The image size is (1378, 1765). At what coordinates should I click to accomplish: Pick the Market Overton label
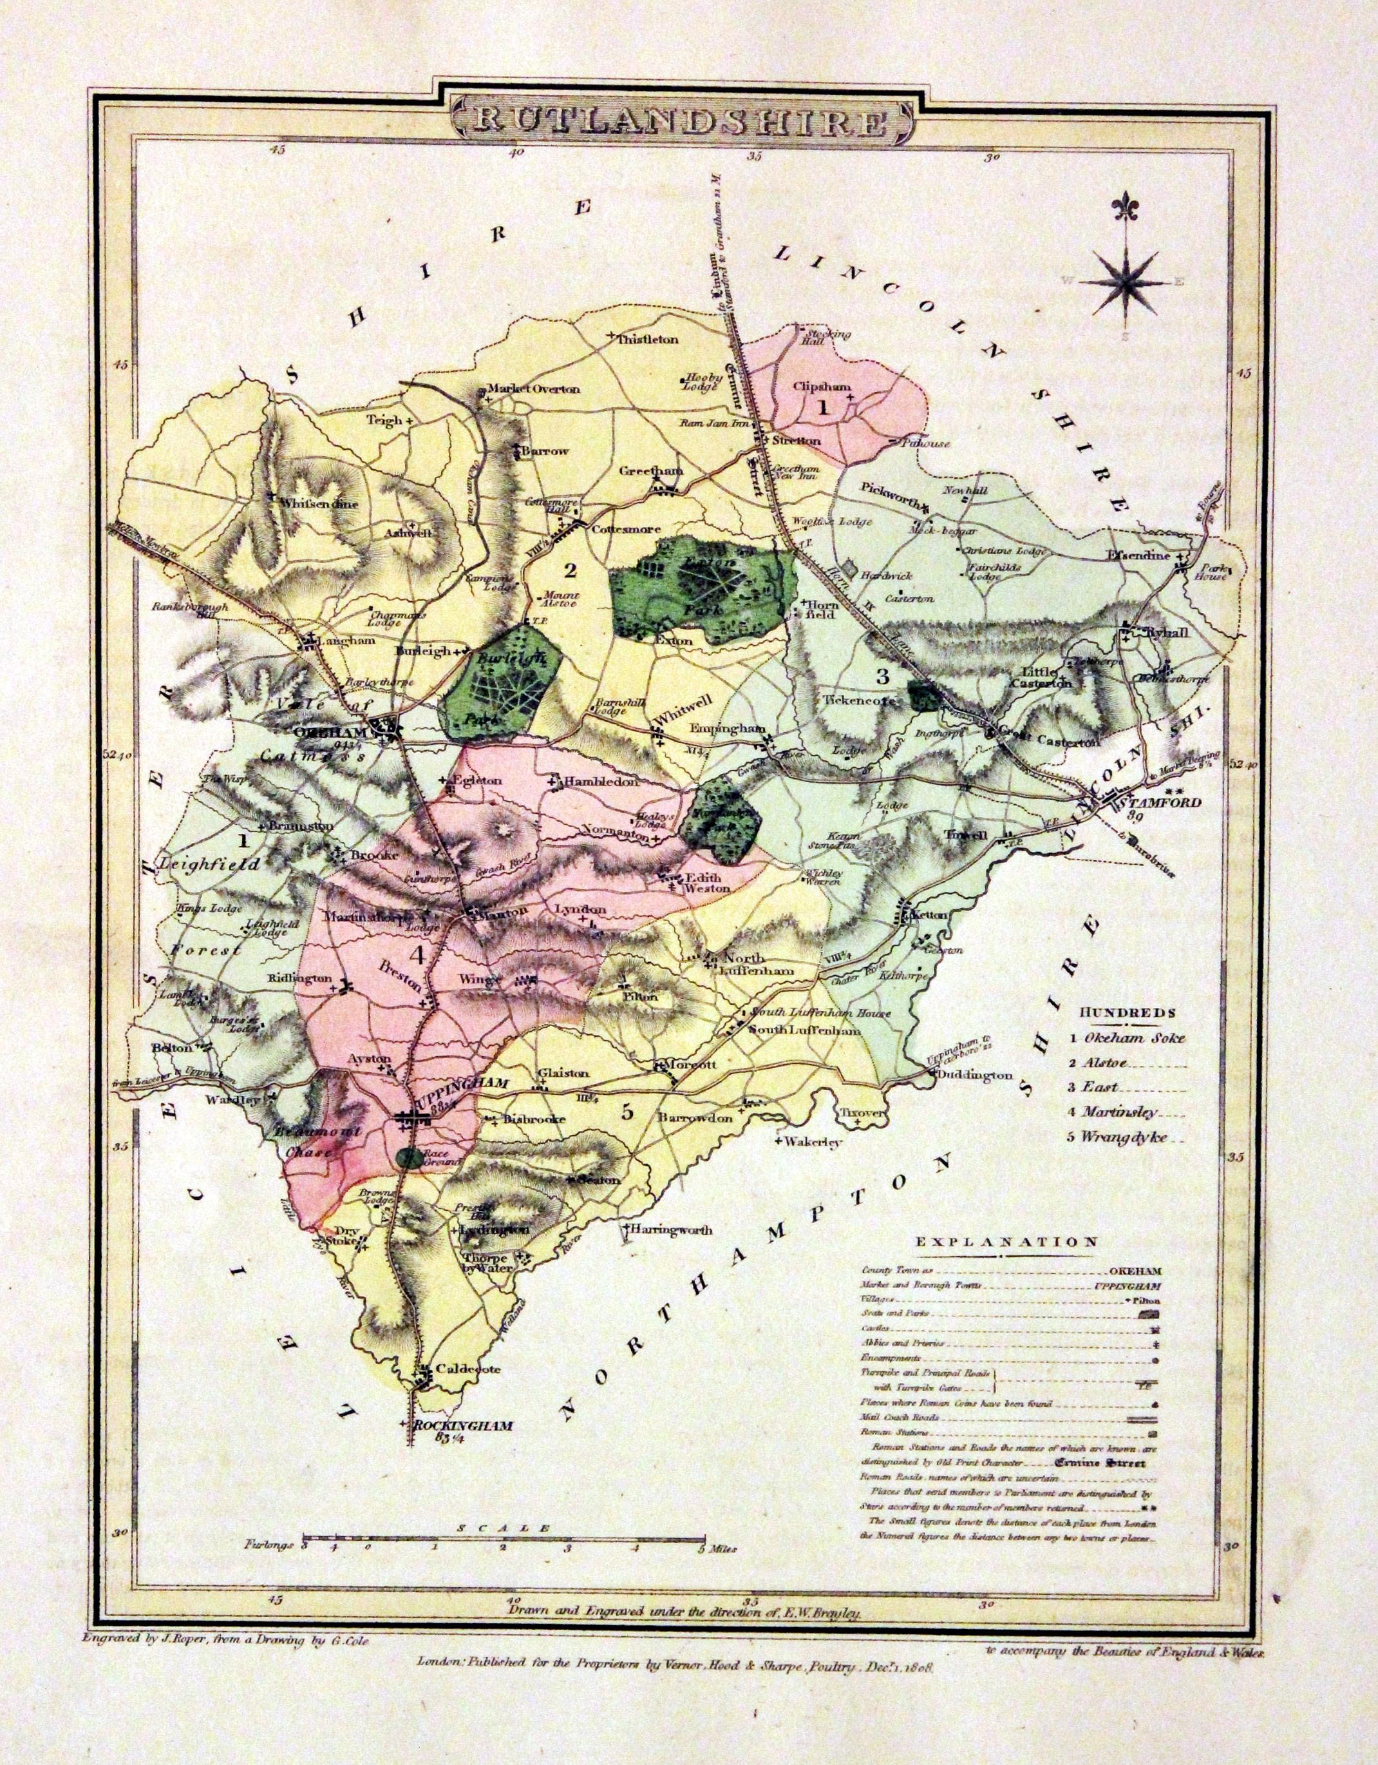[x=536, y=389]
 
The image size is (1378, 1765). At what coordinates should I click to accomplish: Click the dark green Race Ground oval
[x=410, y=1158]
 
